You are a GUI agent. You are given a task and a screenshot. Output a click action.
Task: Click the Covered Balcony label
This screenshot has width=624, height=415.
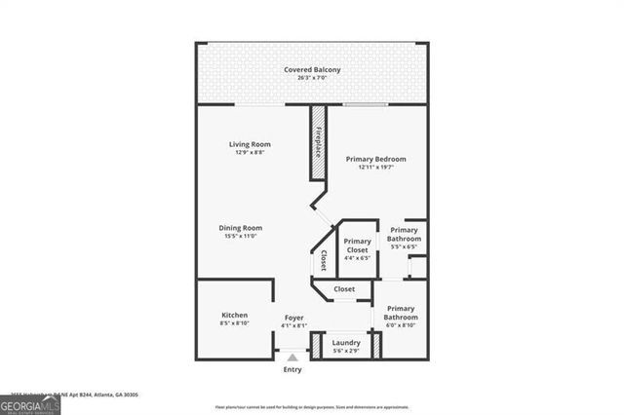tap(312, 69)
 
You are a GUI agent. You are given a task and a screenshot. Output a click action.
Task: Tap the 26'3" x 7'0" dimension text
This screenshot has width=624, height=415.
tap(312, 78)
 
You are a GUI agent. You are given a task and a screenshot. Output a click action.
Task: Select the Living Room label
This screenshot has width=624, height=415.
tap(250, 144)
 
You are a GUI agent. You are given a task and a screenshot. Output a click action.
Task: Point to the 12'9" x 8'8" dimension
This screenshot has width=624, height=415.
tap(250, 153)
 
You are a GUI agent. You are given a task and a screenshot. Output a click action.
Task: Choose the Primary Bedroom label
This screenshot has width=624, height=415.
tap(376, 159)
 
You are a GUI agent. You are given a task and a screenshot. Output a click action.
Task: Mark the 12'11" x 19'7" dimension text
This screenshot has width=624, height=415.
tap(376, 168)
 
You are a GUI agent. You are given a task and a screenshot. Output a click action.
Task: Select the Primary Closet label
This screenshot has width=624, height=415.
tap(358, 245)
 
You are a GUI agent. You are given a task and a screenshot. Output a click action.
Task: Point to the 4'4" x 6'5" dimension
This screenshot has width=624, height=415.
tap(358, 258)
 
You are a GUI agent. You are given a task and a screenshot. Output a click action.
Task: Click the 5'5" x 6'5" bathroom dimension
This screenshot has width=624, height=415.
tap(404, 247)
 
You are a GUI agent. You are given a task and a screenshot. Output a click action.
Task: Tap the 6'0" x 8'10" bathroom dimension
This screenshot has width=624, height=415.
tap(400, 326)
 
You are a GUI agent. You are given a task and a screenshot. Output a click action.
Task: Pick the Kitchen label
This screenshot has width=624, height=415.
tap(234, 315)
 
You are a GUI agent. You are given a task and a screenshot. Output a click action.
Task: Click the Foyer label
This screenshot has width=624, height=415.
tap(294, 318)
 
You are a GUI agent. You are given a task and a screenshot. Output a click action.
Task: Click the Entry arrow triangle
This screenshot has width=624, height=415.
tap(292, 358)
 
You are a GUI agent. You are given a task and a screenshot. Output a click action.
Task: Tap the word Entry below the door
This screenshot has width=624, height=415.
tap(292, 369)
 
